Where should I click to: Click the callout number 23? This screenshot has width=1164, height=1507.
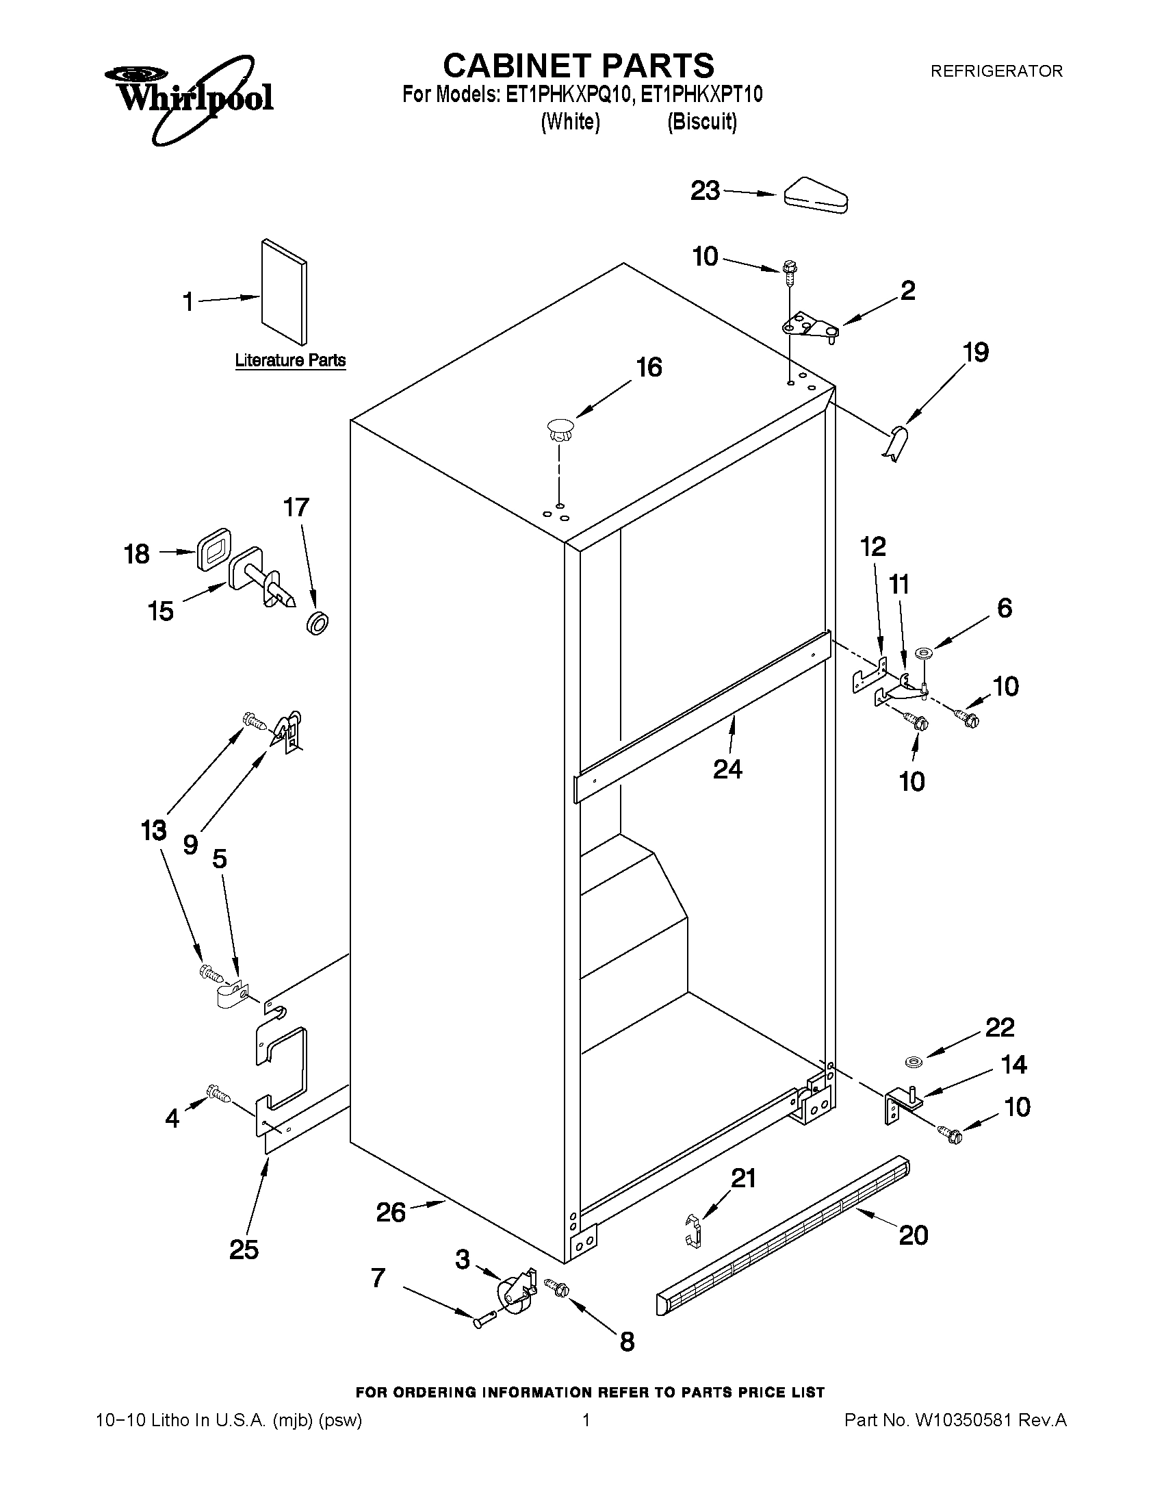pyautogui.click(x=705, y=191)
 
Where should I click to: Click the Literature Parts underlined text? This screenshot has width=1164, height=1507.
pyautogui.click(x=289, y=360)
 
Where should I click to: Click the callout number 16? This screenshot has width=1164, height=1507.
pyautogui.click(x=649, y=368)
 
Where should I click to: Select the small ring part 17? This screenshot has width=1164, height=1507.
pyautogui.click(x=317, y=622)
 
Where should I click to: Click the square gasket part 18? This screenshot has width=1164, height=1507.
pyautogui.click(x=213, y=548)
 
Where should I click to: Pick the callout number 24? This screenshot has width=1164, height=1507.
pyautogui.click(x=727, y=768)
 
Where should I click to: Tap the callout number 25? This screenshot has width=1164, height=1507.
pyautogui.click(x=244, y=1250)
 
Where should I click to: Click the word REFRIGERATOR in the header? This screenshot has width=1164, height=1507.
pyautogui.click(x=996, y=71)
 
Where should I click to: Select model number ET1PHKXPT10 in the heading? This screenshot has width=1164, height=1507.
pyautogui.click(x=701, y=94)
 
